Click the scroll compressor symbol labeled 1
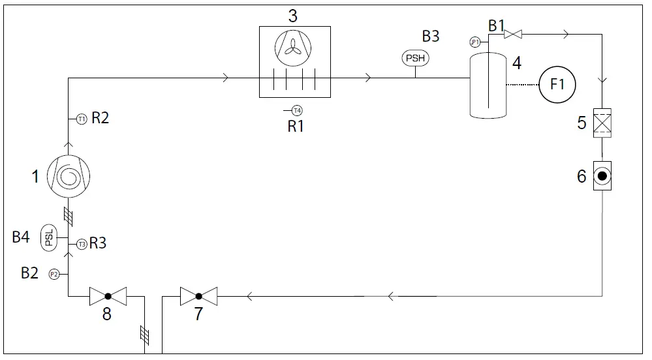68,176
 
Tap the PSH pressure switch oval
416,59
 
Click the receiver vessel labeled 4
488,85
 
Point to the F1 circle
557,85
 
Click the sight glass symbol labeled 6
601,175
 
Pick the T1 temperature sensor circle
82,119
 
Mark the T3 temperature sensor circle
82,245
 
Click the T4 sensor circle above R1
297,110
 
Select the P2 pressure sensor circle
55,275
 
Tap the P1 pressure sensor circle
475,42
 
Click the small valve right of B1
513,34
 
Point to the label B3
430,37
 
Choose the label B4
22,237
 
